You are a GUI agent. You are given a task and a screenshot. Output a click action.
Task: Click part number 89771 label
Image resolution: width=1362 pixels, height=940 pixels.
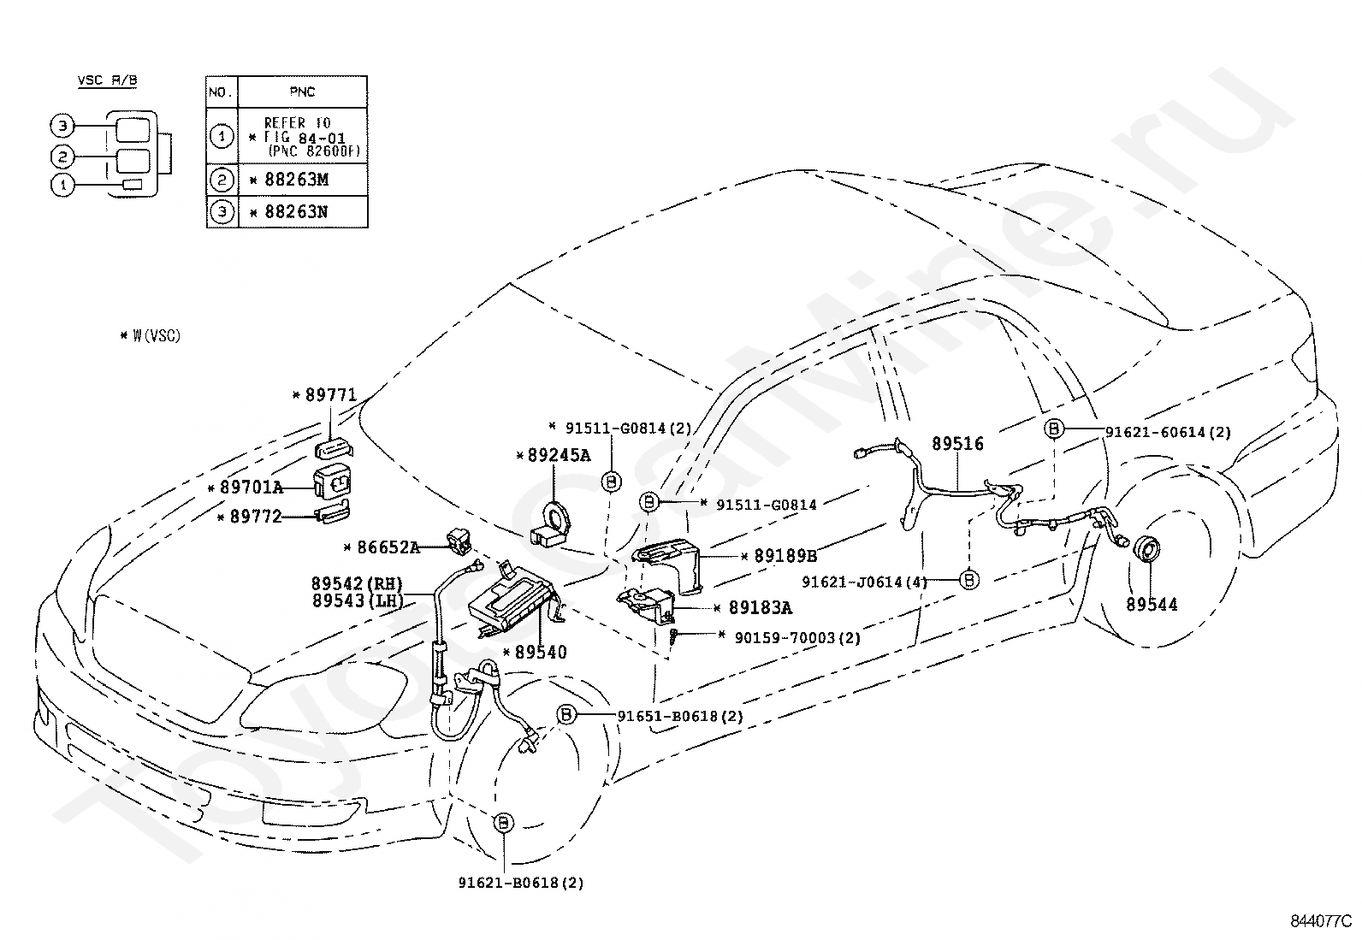331,395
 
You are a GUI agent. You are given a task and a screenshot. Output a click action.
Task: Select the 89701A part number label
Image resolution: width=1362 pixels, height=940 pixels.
252,487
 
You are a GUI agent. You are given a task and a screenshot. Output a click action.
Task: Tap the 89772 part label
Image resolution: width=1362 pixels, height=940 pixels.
256,517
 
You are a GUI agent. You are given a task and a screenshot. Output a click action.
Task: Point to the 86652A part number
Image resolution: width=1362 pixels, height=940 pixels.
388,547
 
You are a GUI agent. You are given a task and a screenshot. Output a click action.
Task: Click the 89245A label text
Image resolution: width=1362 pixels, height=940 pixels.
559,455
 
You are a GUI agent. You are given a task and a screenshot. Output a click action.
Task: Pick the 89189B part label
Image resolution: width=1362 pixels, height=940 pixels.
785,556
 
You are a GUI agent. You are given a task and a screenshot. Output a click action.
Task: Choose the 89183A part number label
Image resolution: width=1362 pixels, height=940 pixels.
761,607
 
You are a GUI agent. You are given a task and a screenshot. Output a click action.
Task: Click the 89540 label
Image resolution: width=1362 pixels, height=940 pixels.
541,653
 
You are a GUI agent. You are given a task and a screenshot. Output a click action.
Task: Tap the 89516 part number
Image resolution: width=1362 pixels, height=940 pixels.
957,444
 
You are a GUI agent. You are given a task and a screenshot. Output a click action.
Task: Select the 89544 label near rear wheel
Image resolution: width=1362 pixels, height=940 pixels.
1152,605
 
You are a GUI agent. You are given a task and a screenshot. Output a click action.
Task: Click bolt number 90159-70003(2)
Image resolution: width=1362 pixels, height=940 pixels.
797,638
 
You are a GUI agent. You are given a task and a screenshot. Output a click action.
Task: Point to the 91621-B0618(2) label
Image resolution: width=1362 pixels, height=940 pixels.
521,883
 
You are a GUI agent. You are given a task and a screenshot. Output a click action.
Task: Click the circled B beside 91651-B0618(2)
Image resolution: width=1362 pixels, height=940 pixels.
566,714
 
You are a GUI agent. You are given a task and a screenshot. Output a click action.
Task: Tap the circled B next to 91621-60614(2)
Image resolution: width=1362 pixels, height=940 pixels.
1054,429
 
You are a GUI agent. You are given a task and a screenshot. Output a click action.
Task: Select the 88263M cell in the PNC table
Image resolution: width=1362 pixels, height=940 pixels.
303,180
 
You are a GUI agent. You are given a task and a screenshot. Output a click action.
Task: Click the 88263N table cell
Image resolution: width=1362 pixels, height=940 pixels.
303,211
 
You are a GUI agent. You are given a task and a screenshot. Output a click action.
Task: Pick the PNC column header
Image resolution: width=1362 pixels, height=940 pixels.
302,92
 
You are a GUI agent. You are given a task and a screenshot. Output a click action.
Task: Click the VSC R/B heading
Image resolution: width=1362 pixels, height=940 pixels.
108,80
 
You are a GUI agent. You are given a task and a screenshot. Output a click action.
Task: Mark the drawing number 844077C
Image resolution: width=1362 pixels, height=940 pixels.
1321,921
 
